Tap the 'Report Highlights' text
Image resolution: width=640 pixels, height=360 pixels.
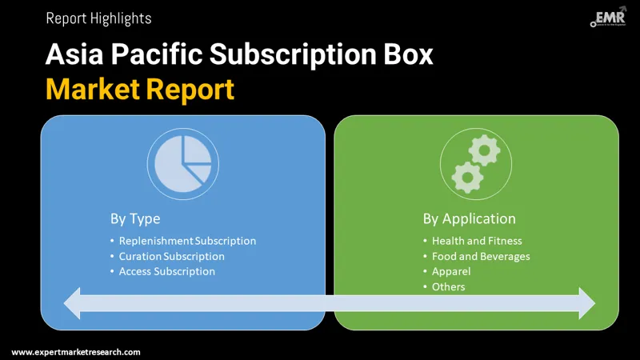click(x=98, y=18)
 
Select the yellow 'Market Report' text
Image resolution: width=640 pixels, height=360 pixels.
click(x=140, y=88)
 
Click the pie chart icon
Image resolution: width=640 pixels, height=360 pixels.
click(x=183, y=161)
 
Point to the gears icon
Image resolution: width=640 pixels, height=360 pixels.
click(x=476, y=163)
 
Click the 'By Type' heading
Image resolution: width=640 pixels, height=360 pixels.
click(x=135, y=218)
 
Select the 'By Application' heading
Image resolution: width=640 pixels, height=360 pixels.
click(x=469, y=218)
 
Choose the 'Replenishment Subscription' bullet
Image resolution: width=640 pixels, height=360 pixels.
click(x=187, y=241)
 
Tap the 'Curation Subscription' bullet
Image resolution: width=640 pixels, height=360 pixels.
click(x=171, y=256)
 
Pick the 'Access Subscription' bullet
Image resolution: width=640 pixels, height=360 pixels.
click(x=166, y=271)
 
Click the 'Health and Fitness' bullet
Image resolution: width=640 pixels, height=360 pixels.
click(x=477, y=241)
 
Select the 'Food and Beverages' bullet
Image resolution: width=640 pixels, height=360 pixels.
click(x=481, y=256)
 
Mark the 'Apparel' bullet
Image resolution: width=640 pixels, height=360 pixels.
click(x=451, y=271)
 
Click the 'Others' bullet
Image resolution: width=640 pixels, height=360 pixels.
click(x=448, y=286)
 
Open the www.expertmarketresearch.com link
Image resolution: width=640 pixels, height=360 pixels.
click(x=76, y=352)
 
